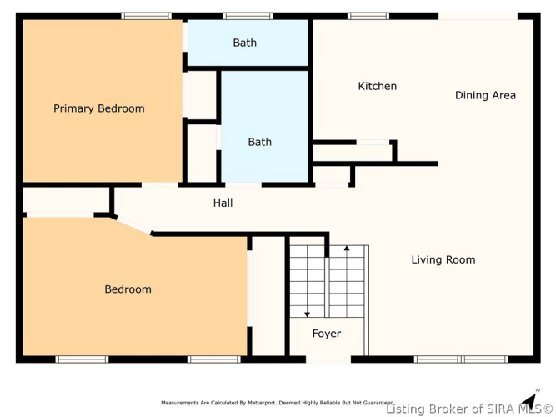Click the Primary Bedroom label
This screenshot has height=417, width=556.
click(99, 108)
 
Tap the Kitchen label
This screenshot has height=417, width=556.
click(378, 86)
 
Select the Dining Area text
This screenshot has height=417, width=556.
click(485, 95)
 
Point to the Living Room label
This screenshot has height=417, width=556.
click(443, 259)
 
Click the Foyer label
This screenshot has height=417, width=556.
click(327, 334)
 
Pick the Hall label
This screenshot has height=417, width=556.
click(223, 203)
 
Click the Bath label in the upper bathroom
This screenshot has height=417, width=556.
click(245, 43)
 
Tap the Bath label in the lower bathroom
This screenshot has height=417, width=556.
click(259, 142)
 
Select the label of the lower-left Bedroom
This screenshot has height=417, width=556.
click(128, 289)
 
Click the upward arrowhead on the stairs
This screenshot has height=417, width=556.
click(347, 248)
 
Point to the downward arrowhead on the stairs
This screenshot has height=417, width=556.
click(308, 314)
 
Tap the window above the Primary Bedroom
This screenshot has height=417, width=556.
click(147, 16)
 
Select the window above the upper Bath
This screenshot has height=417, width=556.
click(248, 16)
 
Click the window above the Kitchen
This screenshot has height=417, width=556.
click(368, 16)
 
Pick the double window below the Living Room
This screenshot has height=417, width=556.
click(461, 359)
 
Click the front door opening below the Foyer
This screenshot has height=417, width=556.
click(328, 359)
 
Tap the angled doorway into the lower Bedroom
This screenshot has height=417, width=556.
click(133, 225)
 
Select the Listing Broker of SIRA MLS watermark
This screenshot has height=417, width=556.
click(469, 409)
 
